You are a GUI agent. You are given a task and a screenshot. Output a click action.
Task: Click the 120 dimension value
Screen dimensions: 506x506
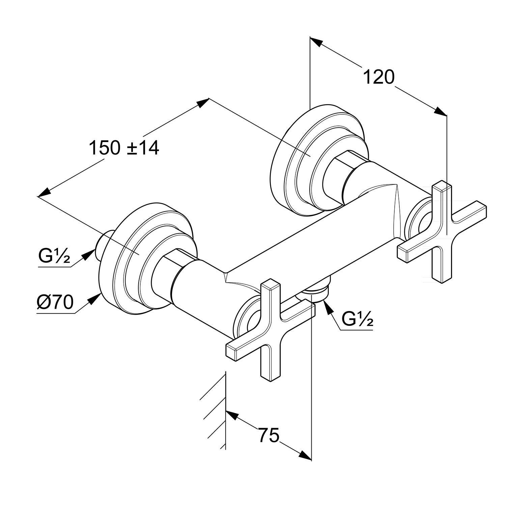(x=378, y=77)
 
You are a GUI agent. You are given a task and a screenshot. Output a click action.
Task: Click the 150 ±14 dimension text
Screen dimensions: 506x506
(x=124, y=148)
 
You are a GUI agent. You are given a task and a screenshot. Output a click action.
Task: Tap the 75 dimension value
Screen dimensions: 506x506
(x=269, y=435)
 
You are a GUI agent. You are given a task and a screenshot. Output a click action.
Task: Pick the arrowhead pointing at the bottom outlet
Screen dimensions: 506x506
(x=327, y=306)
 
